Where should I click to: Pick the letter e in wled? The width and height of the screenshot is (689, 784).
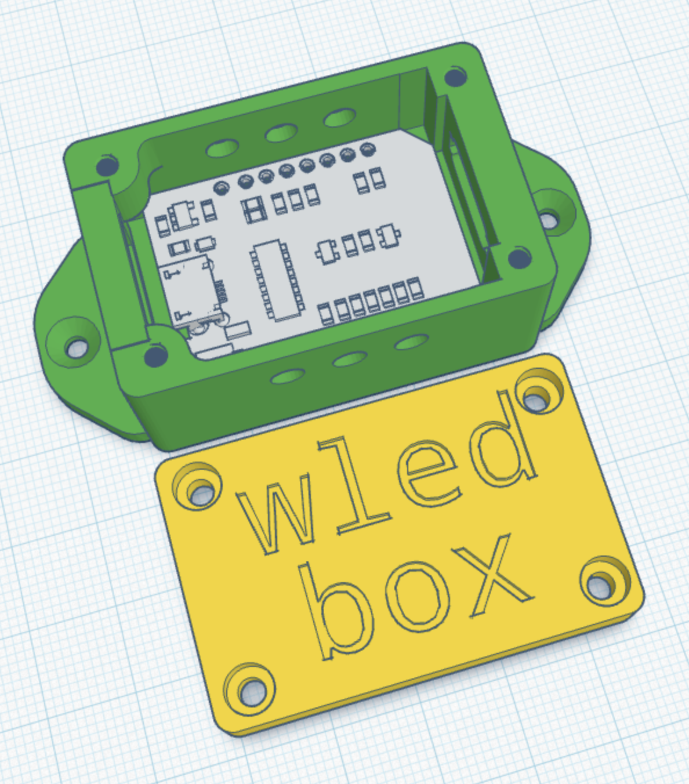coord(427,474)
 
